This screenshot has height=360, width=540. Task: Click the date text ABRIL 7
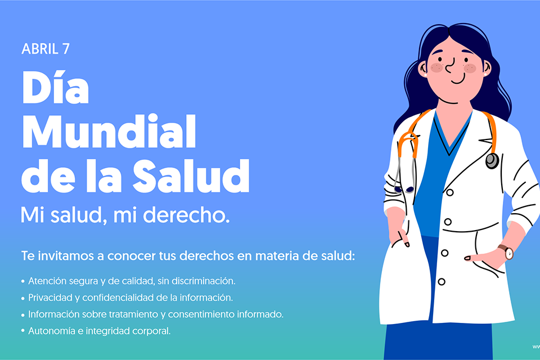(46, 49)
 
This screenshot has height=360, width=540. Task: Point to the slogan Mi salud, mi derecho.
(125, 215)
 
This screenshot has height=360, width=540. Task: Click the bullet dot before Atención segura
(23, 281)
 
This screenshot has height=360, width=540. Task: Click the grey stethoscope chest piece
(492, 161)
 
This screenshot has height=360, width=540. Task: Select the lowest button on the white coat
(442, 282)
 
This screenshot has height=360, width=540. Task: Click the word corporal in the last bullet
(150, 331)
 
